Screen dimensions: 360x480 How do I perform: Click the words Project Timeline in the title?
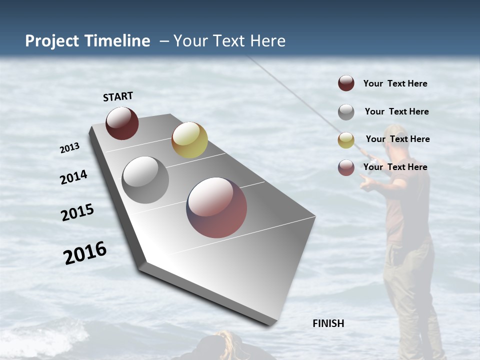click(87, 41)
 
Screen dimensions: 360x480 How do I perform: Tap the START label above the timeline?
click(118, 96)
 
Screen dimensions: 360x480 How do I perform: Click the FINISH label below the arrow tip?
click(328, 323)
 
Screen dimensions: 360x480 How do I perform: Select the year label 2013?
click(70, 148)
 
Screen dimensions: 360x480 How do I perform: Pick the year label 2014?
click(74, 177)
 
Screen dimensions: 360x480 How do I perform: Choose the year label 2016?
click(85, 252)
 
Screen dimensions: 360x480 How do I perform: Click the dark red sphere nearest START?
click(122, 123)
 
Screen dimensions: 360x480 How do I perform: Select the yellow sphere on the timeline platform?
click(189, 140)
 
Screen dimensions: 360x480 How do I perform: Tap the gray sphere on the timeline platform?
click(145, 180)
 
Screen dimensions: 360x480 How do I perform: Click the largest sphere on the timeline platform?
click(216, 207)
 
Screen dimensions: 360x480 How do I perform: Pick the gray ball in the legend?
click(346, 112)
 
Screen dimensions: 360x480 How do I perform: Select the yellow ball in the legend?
click(346, 140)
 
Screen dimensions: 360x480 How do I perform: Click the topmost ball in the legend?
click(346, 83)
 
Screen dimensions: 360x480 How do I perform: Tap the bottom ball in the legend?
click(346, 168)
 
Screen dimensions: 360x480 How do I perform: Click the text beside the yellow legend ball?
click(397, 139)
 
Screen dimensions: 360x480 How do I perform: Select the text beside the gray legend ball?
click(396, 111)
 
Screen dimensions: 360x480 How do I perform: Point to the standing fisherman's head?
click(396, 136)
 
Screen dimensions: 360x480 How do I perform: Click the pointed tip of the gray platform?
click(272, 322)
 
